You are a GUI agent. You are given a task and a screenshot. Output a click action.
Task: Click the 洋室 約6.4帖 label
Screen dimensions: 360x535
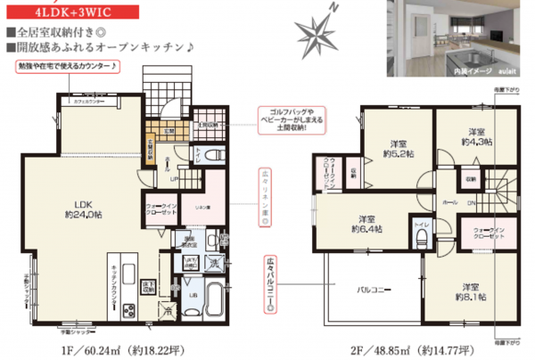(366, 224)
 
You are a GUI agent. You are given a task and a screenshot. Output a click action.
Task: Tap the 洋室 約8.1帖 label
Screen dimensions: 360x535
(469, 292)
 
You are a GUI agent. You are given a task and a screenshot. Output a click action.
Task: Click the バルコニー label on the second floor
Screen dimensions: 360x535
(372, 290)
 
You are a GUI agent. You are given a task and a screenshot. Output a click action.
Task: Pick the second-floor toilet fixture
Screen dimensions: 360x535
(422, 239)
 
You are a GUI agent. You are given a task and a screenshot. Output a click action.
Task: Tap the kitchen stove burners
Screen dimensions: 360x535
(127, 310)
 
